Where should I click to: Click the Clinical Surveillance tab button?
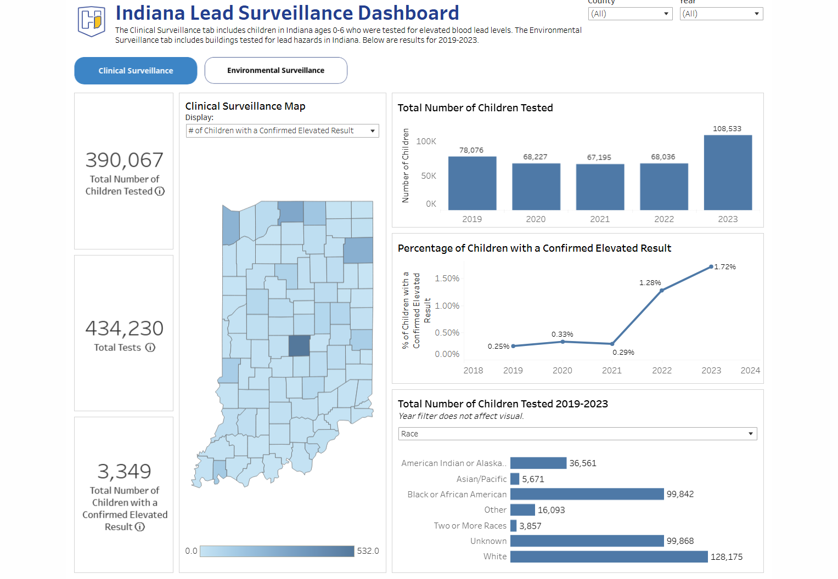click(x=136, y=71)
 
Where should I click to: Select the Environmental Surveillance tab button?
click(x=275, y=71)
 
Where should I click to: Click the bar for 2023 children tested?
click(x=728, y=173)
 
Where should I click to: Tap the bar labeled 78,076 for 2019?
click(x=472, y=183)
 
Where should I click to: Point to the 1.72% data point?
click(x=711, y=267)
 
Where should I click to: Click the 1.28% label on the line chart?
click(x=650, y=283)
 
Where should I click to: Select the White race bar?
click(x=609, y=557)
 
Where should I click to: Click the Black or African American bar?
click(x=587, y=494)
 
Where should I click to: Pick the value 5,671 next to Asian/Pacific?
click(x=533, y=479)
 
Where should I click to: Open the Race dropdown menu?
click(x=577, y=434)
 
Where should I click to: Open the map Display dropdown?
click(x=282, y=130)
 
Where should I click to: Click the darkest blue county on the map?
click(x=299, y=346)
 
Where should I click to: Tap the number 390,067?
click(x=125, y=160)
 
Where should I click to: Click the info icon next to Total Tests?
click(x=150, y=348)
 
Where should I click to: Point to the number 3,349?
click(x=124, y=471)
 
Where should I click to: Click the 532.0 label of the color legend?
click(x=368, y=551)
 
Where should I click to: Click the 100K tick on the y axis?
click(x=426, y=141)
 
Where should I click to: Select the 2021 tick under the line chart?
click(x=611, y=371)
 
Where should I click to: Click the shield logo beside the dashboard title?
click(x=91, y=21)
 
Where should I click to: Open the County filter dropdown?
click(x=629, y=14)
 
